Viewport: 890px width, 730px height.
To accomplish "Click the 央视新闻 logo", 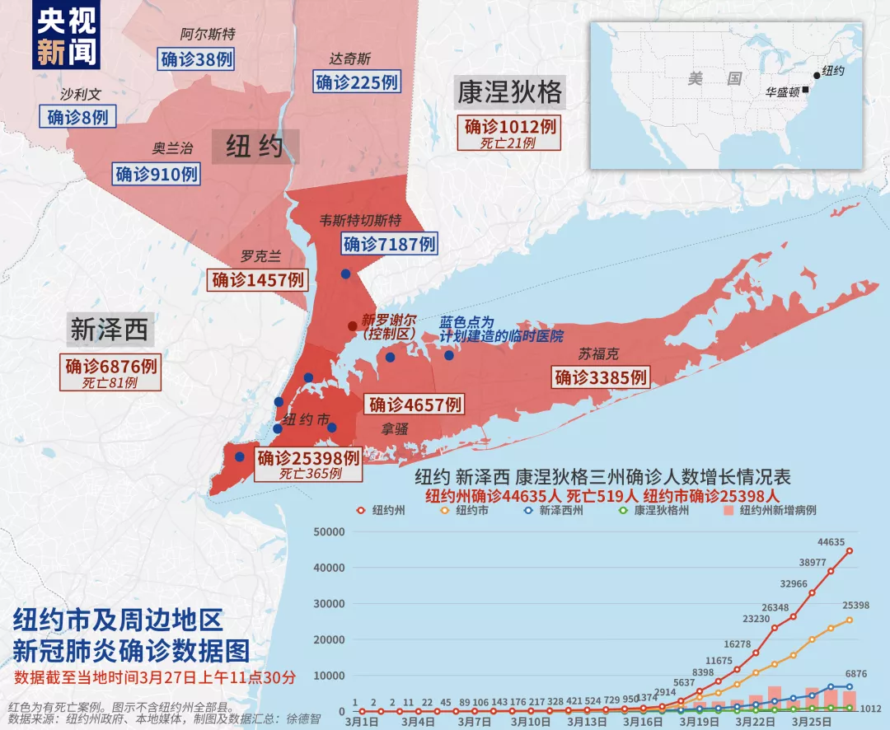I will coord(67,38).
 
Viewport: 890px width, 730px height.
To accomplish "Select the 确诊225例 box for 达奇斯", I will coord(357,82).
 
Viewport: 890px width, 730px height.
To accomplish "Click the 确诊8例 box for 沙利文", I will coord(77,116).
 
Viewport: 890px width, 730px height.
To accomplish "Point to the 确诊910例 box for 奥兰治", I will coord(157,174).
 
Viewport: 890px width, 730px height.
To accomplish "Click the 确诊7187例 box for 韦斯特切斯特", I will coord(389,244).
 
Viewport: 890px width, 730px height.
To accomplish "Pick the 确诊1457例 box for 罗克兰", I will coord(260,279).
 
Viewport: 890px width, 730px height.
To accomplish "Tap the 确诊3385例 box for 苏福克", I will coord(602,377).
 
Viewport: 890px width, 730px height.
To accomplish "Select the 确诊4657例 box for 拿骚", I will coord(415,405).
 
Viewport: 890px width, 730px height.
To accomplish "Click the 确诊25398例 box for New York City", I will coord(308,457).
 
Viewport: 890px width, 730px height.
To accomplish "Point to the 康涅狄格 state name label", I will coord(509,93).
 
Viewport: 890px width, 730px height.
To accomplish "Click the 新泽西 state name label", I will coord(109,330).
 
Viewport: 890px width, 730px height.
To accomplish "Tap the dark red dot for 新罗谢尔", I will coord(353,325).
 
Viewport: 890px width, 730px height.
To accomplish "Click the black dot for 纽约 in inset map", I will coord(817,75).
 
